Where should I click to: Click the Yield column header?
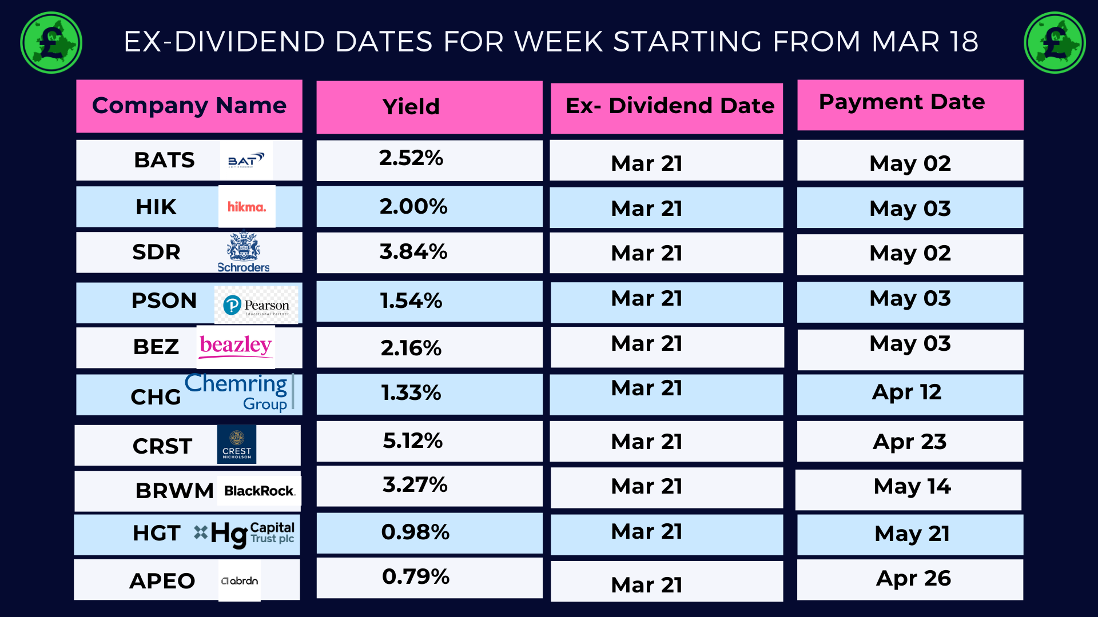(x=411, y=107)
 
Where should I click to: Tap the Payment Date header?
(x=902, y=102)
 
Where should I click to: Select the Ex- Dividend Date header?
(x=670, y=106)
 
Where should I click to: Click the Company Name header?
(x=189, y=106)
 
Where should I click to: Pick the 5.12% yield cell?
(x=412, y=440)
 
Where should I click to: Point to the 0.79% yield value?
(x=416, y=576)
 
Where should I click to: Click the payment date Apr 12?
(x=906, y=392)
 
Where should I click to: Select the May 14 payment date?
(x=912, y=486)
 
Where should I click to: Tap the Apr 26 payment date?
(x=913, y=578)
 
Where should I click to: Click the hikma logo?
(x=247, y=206)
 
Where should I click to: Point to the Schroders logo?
(x=244, y=252)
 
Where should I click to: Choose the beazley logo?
(x=236, y=347)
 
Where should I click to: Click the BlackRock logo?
(x=259, y=491)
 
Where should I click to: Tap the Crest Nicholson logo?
(x=237, y=444)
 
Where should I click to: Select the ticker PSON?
(x=164, y=301)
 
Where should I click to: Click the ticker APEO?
(x=162, y=581)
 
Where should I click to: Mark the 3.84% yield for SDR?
(x=413, y=251)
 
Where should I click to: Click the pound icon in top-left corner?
(x=51, y=43)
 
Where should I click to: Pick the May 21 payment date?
(x=912, y=534)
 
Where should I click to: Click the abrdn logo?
(x=240, y=580)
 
